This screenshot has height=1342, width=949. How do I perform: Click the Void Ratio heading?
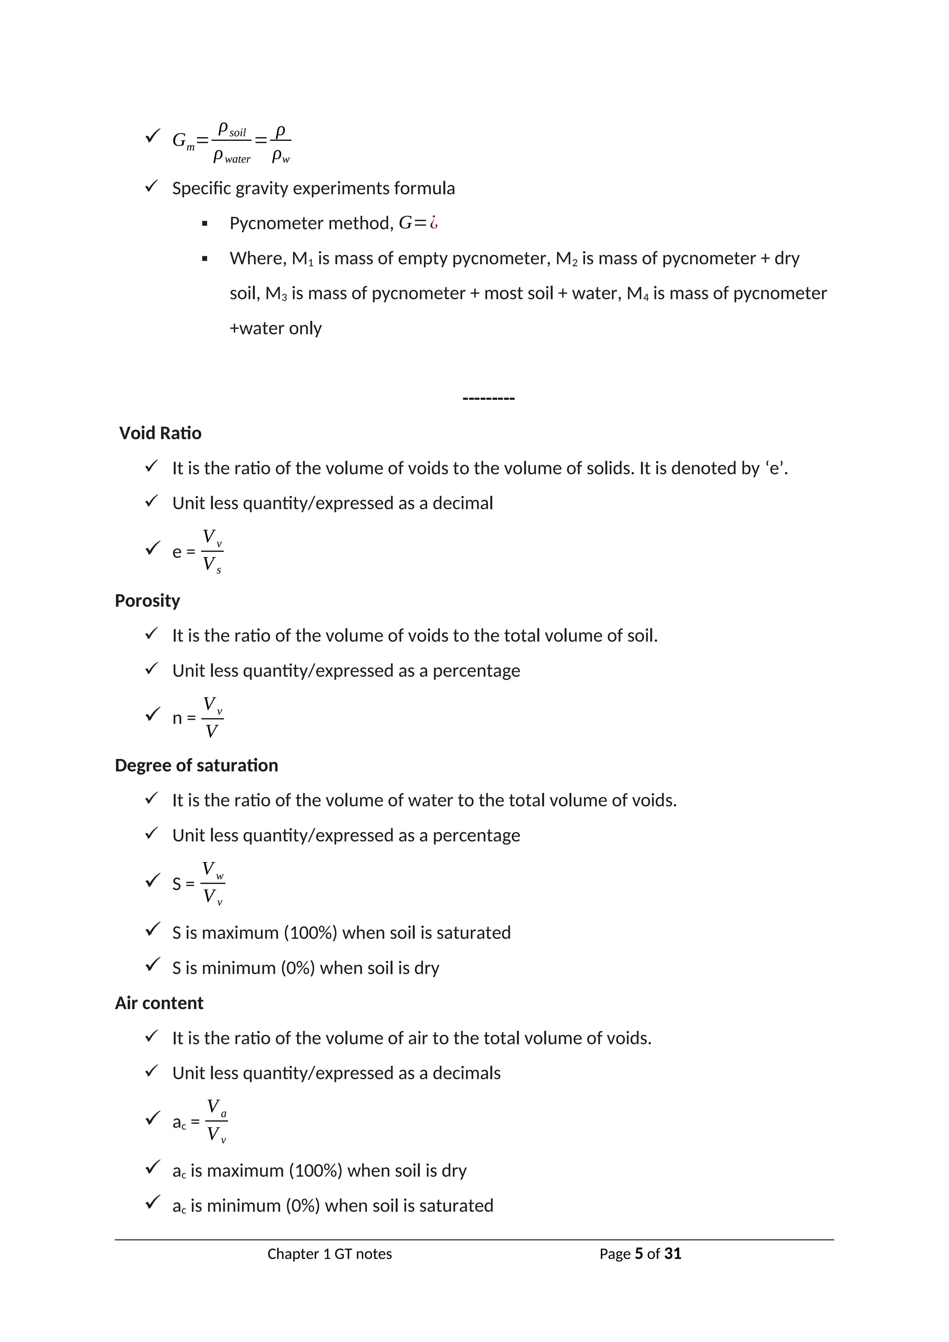click(160, 433)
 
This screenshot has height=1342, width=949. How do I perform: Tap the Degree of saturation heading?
click(196, 765)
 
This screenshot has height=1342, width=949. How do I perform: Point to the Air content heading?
click(159, 1003)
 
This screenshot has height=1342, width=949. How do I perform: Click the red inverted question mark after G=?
click(434, 223)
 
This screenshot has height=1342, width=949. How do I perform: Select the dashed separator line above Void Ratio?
click(488, 398)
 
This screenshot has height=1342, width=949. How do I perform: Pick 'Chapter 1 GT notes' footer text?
click(329, 1254)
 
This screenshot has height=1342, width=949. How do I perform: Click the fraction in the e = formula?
click(212, 551)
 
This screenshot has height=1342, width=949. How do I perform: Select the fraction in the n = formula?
click(212, 718)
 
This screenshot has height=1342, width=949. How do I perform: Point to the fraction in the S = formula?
click(213, 883)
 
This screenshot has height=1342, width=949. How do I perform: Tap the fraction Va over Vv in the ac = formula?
click(216, 1121)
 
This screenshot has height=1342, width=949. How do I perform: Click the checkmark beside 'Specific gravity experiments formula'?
click(152, 187)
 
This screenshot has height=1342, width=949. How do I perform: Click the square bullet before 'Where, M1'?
click(204, 259)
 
